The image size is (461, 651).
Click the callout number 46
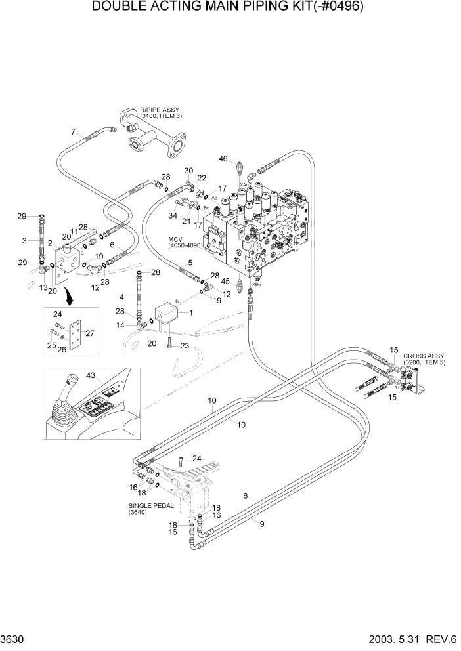(x=223, y=158)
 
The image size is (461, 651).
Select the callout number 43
(x=90, y=376)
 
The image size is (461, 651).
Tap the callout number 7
(x=73, y=133)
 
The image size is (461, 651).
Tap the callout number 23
(x=185, y=346)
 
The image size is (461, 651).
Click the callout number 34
(x=173, y=215)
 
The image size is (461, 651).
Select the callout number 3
(x=24, y=241)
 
